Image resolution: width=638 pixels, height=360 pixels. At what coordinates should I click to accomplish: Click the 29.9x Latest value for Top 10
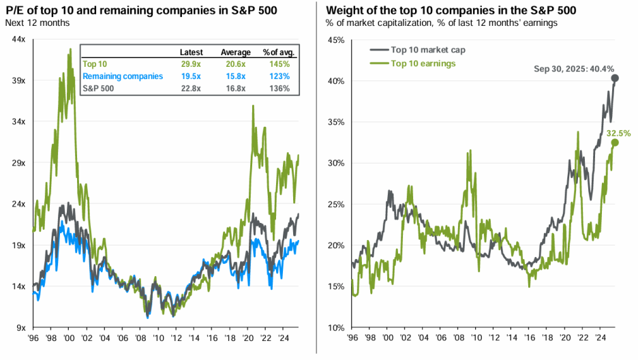point(191,64)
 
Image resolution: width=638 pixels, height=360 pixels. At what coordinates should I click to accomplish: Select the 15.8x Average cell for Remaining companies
point(232,76)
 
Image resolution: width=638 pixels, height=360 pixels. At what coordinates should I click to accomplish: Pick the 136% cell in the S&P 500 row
point(279,88)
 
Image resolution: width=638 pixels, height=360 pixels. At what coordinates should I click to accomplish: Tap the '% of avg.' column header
point(277,52)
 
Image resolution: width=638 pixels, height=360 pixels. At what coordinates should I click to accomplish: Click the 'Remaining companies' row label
point(123,76)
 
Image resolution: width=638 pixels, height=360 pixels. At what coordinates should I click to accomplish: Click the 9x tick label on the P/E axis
point(20,327)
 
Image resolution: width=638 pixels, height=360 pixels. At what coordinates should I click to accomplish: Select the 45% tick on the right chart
point(335,40)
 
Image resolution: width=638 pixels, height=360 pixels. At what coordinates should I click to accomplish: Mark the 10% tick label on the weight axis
point(335,327)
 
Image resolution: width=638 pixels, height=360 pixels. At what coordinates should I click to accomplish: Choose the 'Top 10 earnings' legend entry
point(423,63)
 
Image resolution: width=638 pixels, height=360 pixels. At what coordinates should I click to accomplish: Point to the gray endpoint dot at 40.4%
point(615,78)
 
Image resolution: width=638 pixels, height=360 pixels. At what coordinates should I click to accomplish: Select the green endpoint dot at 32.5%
point(615,142)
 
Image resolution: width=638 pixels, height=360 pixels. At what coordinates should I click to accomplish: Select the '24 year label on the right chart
point(598,337)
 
